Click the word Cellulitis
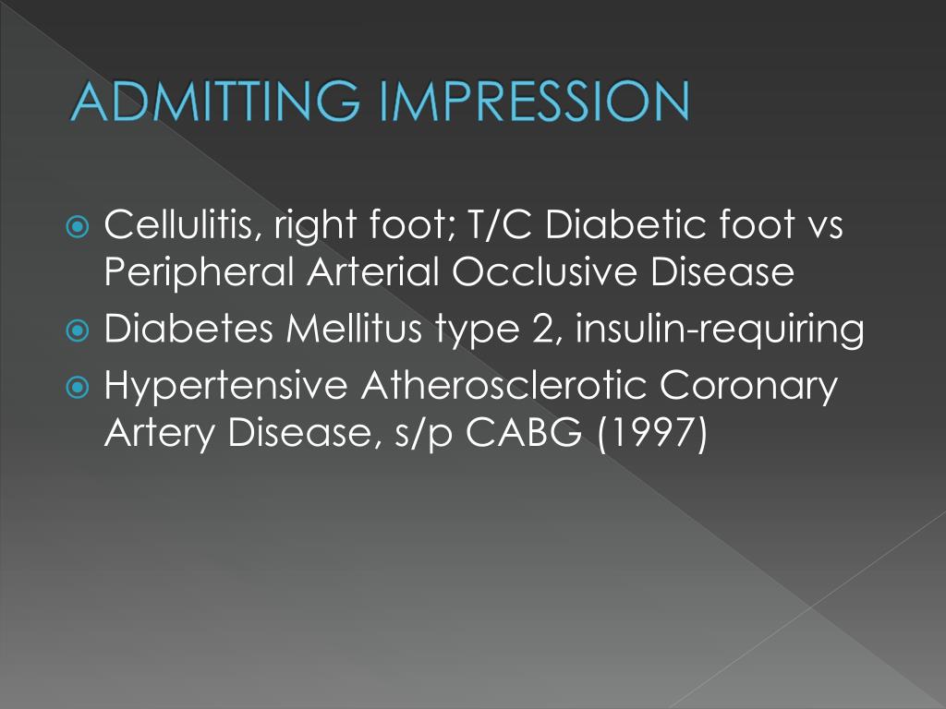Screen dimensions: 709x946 [x=180, y=224]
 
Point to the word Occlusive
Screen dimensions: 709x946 [x=517, y=272]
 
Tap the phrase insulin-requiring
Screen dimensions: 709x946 [x=719, y=330]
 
